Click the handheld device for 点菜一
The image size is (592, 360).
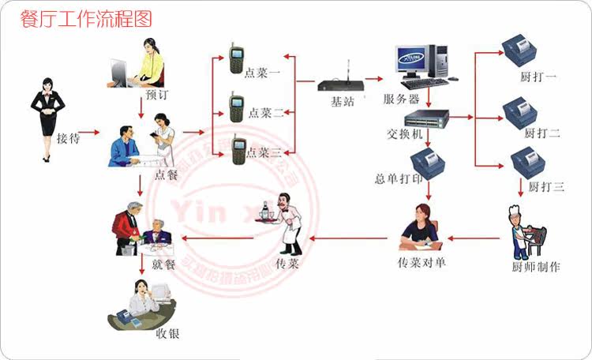pyautogui.click(x=235, y=58)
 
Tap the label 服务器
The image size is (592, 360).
pyautogui.click(x=401, y=99)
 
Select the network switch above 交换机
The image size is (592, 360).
pyautogui.click(x=426, y=118)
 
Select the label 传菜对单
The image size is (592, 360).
pyautogui.click(x=422, y=261)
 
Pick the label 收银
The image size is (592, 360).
pyautogui.click(x=167, y=333)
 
